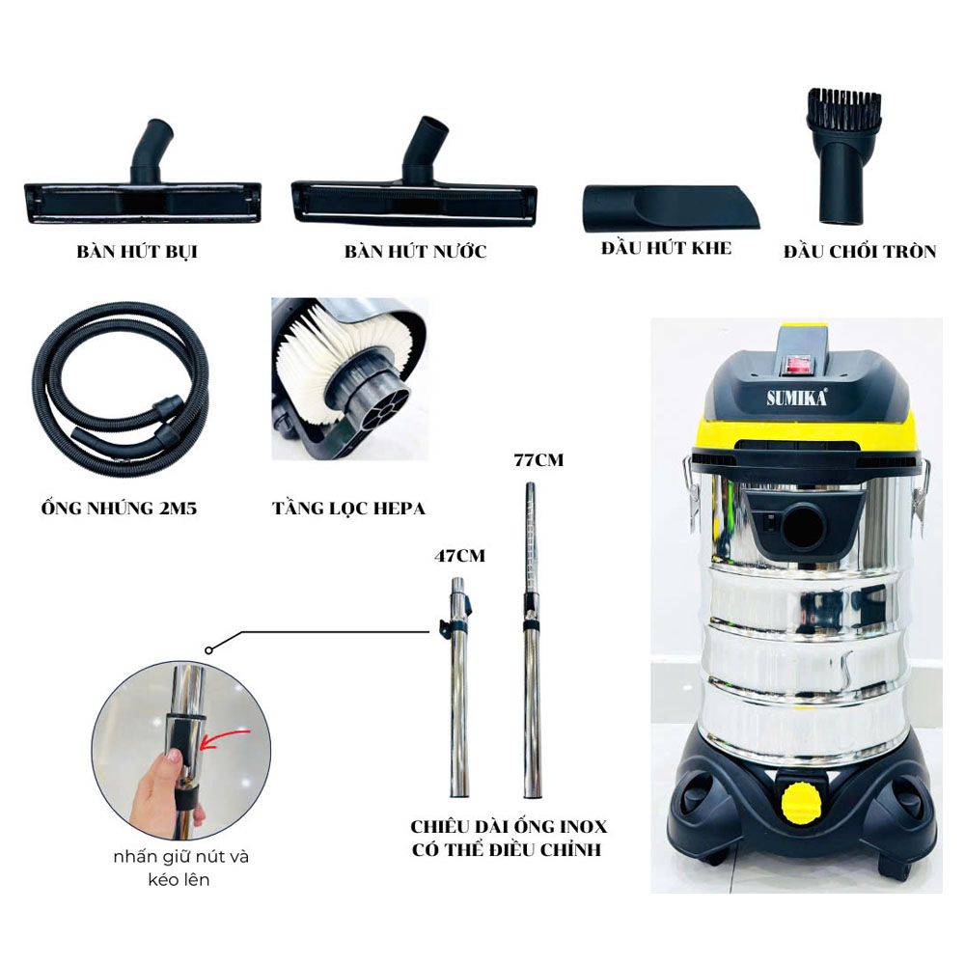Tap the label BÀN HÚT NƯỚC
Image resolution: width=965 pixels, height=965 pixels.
pos(415,252)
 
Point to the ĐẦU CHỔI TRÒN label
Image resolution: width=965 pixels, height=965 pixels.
pos(859,252)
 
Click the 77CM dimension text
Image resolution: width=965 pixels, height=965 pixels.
pos(538,460)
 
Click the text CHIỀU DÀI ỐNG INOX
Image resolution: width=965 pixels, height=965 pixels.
pos(510,828)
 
